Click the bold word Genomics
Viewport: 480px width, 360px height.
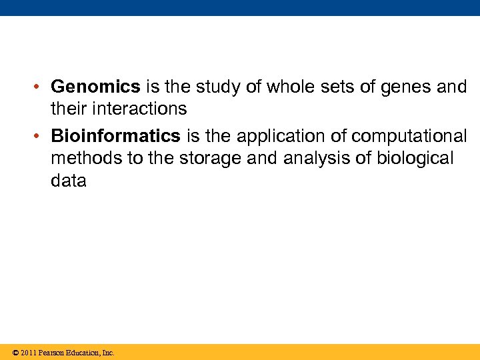[95, 87]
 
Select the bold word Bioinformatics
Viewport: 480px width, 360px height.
[115, 136]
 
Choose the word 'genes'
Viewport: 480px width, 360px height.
[403, 87]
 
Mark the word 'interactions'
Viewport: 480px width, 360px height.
[141, 108]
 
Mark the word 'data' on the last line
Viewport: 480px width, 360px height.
[68, 180]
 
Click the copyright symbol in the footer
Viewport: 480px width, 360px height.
[15, 353]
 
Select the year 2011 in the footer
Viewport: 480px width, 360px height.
[28, 353]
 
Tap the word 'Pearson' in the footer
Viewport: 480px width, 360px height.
[52, 353]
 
